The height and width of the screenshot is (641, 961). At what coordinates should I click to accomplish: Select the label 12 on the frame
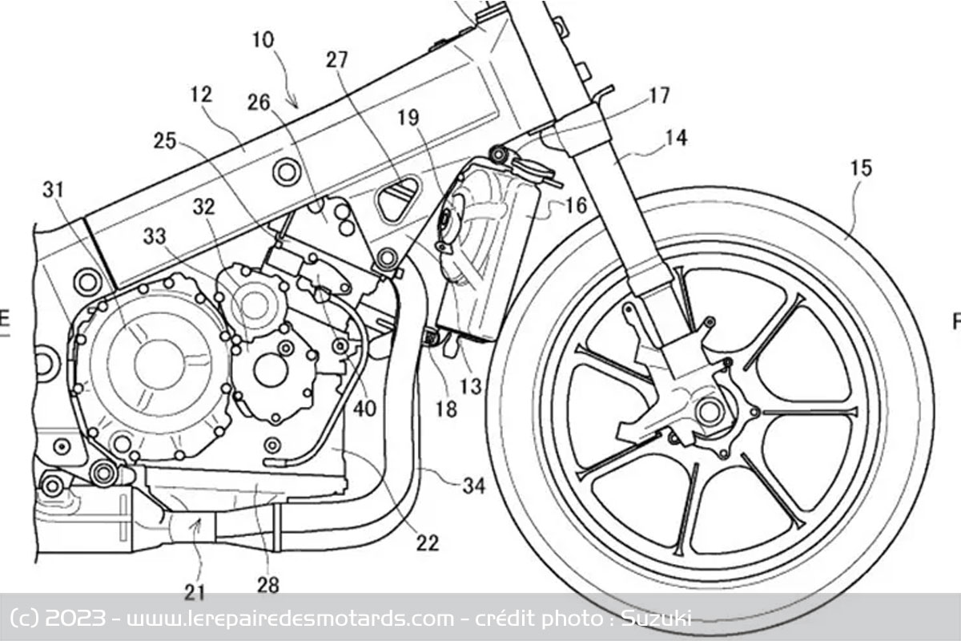click(x=202, y=95)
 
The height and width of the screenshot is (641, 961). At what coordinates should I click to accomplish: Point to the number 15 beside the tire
click(x=862, y=168)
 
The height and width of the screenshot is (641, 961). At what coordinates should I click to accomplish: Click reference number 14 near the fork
click(x=675, y=138)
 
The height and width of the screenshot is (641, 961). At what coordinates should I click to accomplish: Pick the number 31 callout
click(x=54, y=189)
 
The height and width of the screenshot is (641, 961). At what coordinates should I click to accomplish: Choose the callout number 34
click(x=473, y=486)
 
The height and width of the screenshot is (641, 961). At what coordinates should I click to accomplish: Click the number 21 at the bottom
click(x=195, y=593)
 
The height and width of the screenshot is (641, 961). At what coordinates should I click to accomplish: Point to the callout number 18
click(x=446, y=410)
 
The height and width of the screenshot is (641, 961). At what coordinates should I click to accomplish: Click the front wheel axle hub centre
click(x=709, y=411)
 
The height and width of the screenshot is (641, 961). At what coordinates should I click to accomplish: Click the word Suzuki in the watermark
click(x=663, y=618)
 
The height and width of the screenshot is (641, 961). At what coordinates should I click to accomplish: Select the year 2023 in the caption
click(x=74, y=618)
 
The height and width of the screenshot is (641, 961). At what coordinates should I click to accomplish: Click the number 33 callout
click(x=157, y=237)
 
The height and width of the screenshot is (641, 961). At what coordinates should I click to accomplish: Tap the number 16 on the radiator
click(x=576, y=205)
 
